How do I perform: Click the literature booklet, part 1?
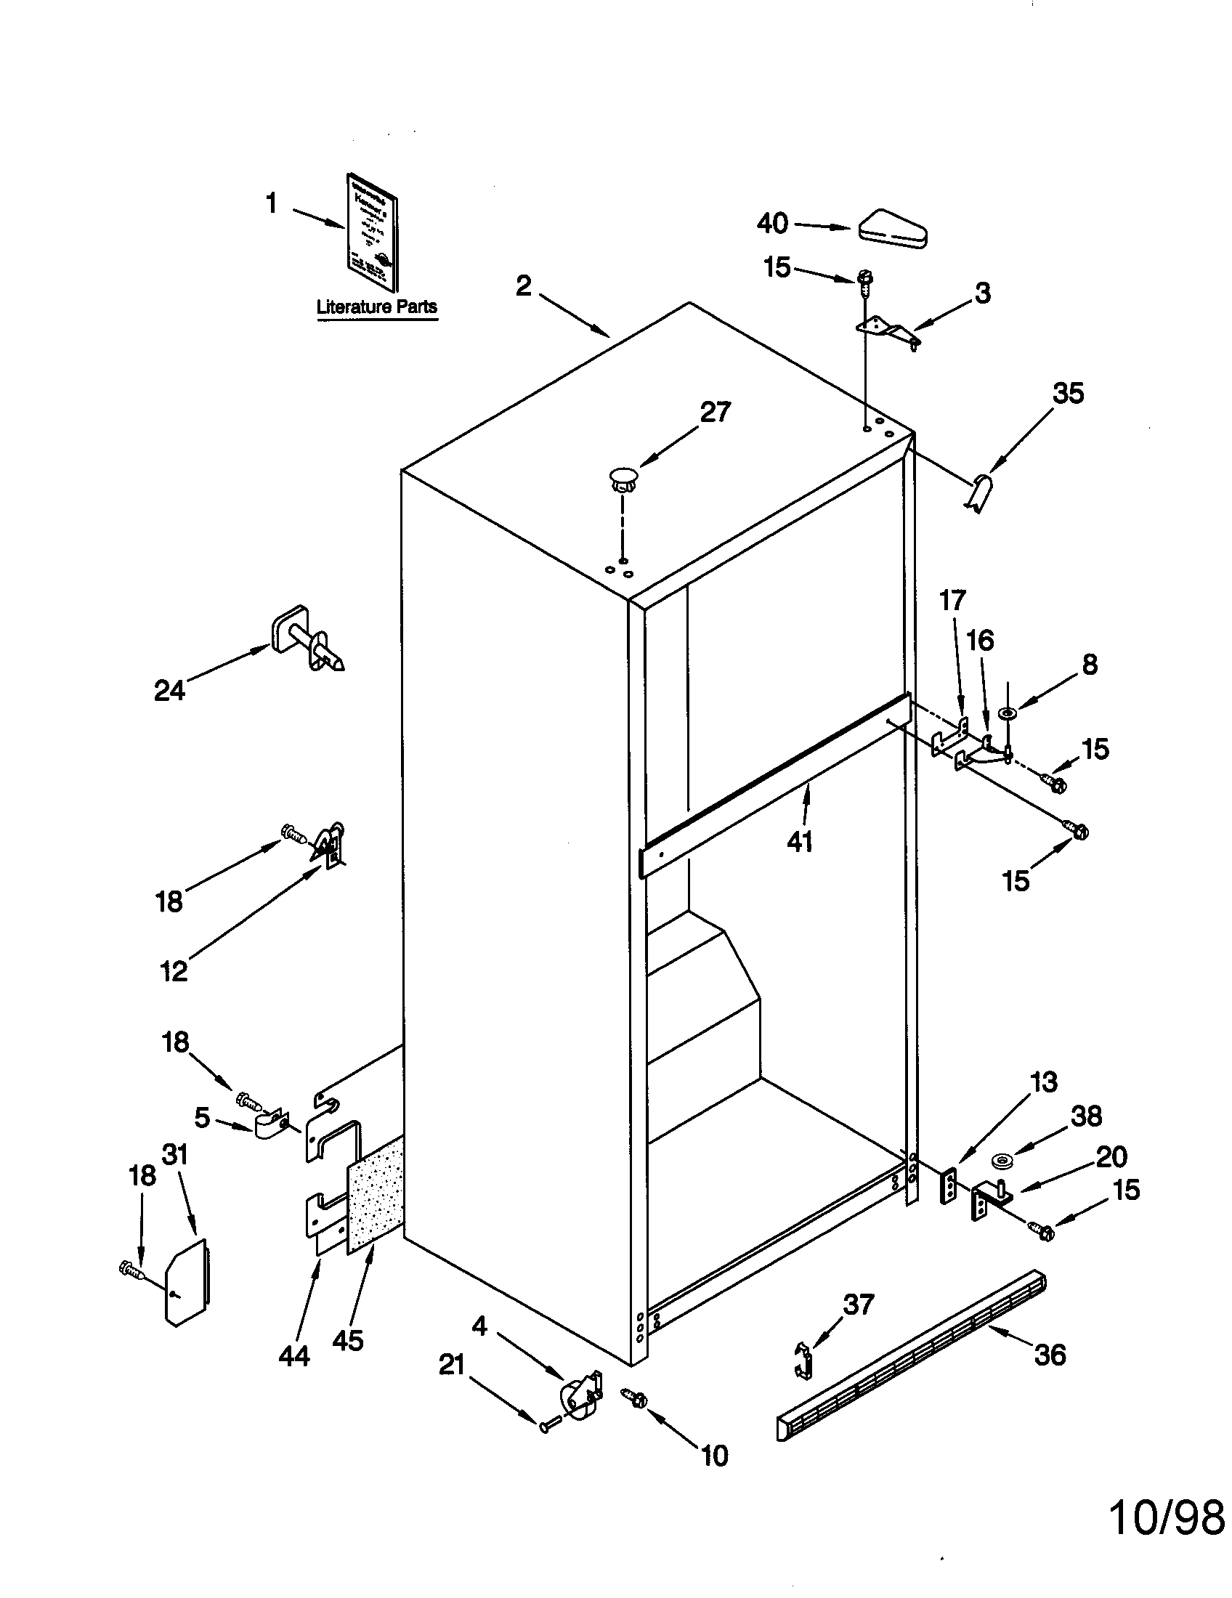coord(373,243)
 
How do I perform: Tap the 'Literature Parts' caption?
coord(376,307)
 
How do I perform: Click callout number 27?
coord(715,412)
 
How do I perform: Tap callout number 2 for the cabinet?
coord(523,285)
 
